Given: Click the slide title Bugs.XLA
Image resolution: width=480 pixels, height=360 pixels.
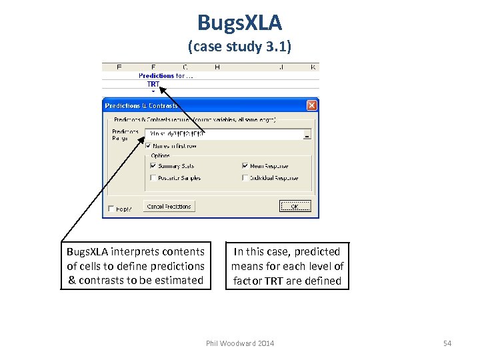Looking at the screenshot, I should coord(239,23).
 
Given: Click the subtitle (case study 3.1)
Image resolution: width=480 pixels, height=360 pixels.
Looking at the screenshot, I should coord(239,47).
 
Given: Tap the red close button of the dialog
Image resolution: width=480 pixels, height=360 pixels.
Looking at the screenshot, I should coord(311,105).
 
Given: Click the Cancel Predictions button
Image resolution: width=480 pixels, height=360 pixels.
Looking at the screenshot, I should coord(169,207).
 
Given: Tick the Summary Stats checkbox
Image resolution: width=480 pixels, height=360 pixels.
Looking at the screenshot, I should coord(153,166).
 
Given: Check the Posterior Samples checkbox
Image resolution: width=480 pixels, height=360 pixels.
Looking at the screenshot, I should coord(153,178).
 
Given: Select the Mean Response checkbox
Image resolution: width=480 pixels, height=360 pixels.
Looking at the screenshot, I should coord(245,166).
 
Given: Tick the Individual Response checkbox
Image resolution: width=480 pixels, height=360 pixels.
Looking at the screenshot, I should coord(245,178).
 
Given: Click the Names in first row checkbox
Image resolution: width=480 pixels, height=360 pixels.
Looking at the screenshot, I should coord(148,145).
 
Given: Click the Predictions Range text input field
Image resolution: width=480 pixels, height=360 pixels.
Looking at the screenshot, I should coord(223,134).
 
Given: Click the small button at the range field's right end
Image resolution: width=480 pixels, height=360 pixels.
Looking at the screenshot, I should coord(307,134).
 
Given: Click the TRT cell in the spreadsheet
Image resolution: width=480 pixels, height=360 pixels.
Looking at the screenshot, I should coord(153,84).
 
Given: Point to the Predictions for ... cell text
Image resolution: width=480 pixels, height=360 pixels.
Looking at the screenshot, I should coord(166,76).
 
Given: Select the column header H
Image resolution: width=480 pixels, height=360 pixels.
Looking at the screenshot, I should coord(217,67).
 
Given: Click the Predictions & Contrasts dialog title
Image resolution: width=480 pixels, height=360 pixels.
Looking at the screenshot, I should coord(141,105).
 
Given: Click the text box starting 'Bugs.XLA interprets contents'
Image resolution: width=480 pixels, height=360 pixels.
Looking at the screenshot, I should coord(136,266).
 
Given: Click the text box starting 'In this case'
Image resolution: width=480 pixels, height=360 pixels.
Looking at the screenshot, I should coord(287,266).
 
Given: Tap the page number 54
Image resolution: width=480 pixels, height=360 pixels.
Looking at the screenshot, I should coord(447,343).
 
